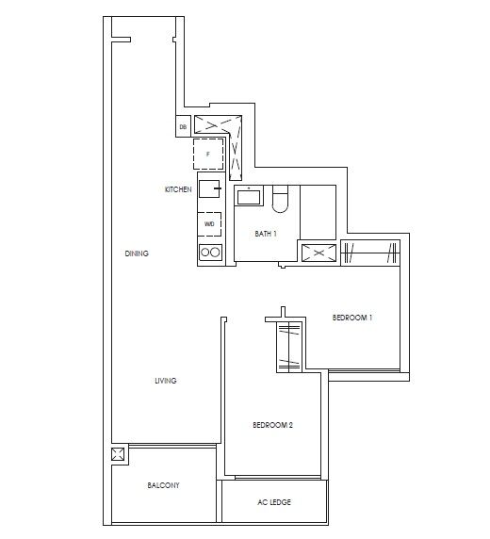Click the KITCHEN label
(178, 189)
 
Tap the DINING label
(137, 253)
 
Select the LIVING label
(166, 381)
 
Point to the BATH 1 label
(266, 233)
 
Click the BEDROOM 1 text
(352, 318)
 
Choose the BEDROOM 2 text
(273, 426)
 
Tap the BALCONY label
(163, 485)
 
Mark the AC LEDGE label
(273, 502)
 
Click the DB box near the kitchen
(183, 125)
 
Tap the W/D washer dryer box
(209, 224)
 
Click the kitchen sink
(209, 188)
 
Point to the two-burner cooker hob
(209, 252)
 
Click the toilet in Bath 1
(280, 200)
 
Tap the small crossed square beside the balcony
(118, 455)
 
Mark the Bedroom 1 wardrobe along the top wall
(372, 253)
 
